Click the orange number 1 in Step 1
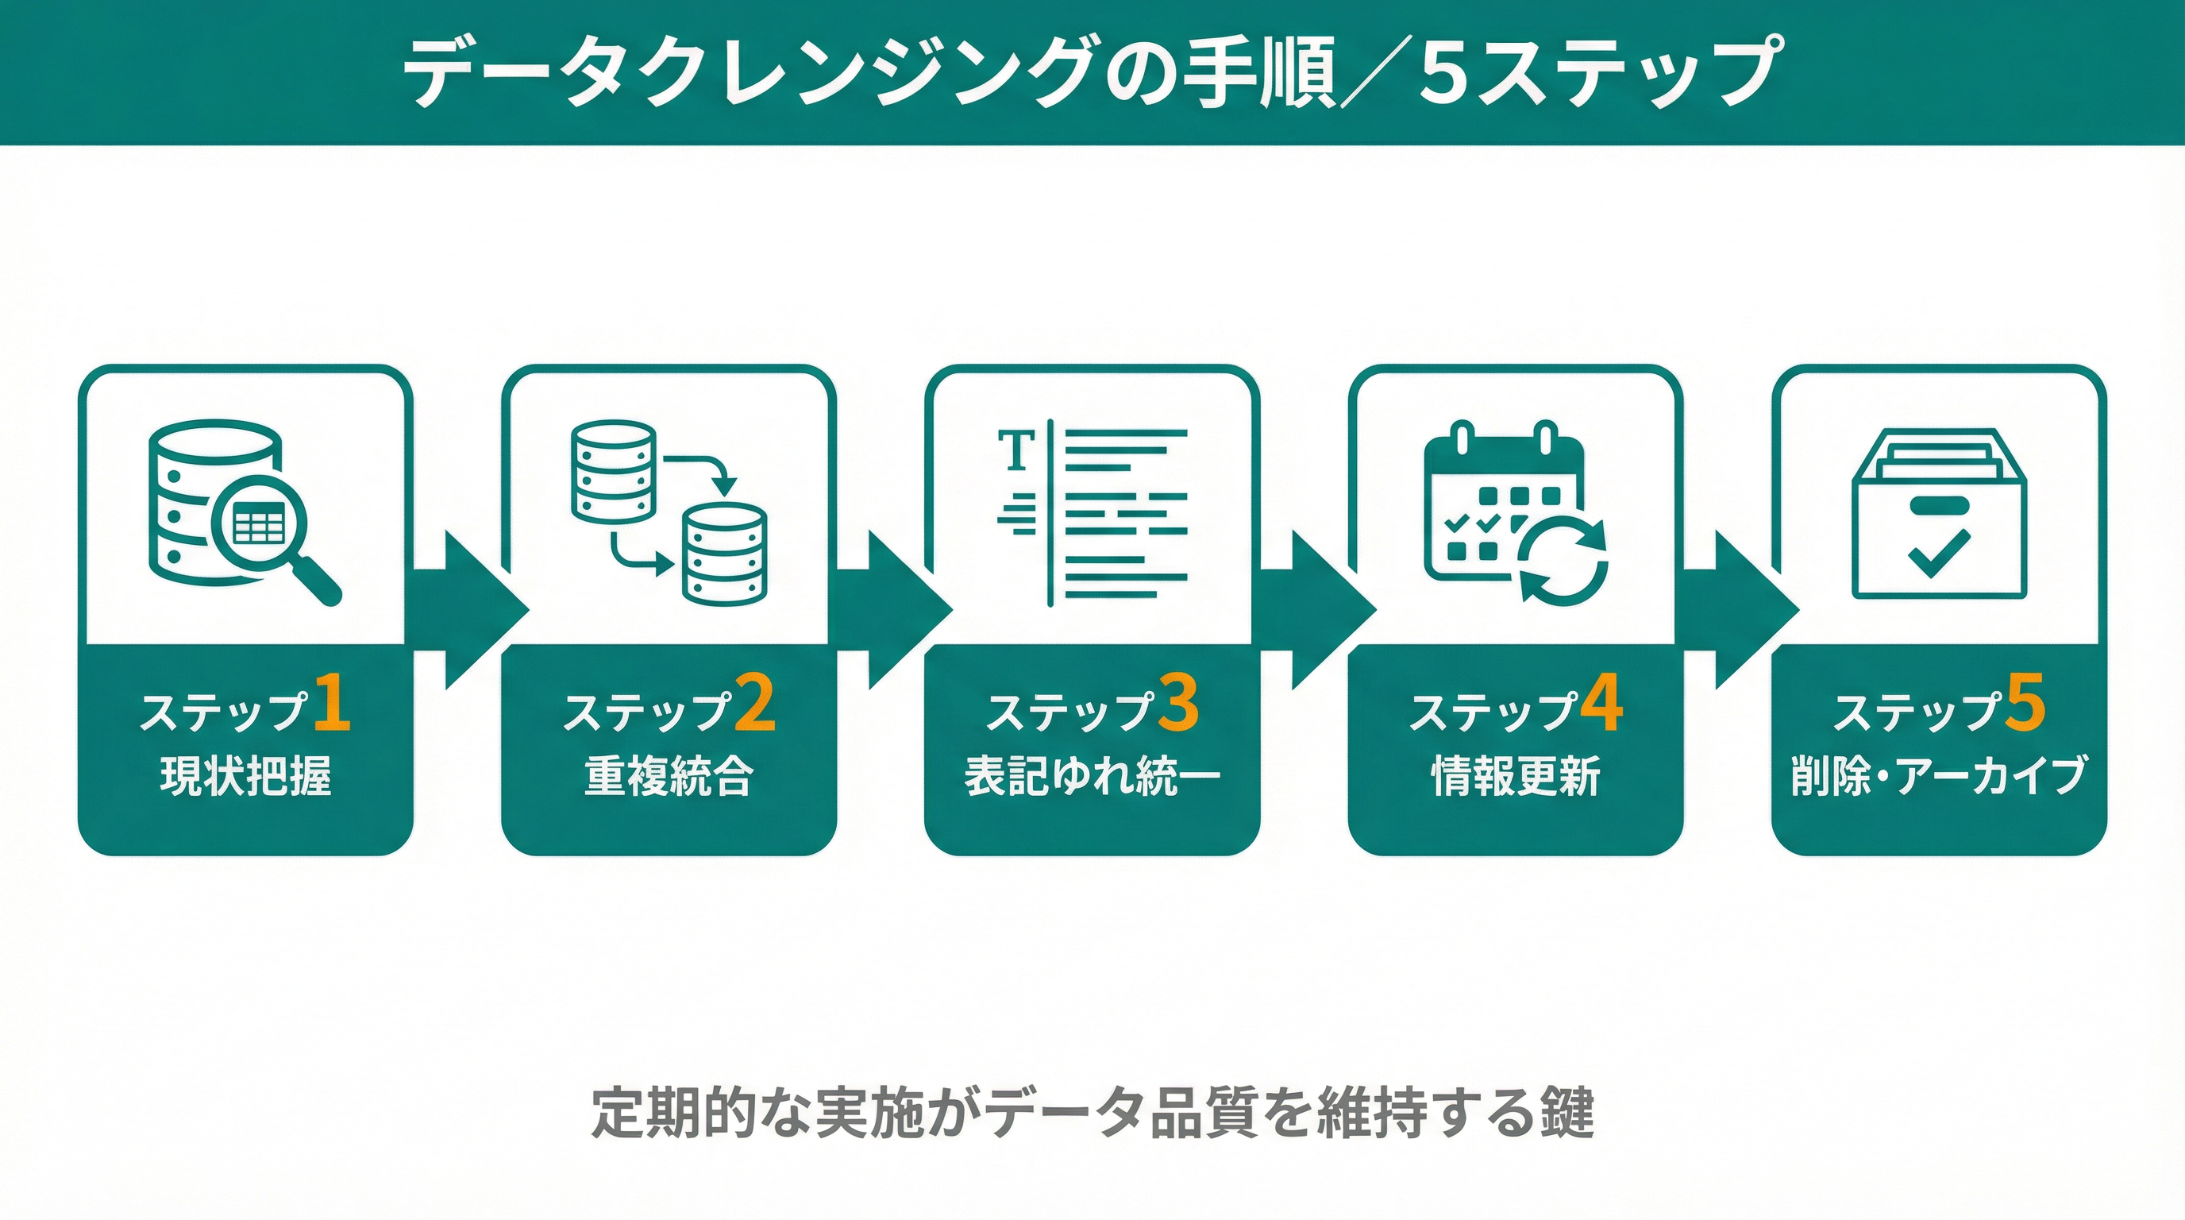coord(333,702)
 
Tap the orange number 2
coord(754,702)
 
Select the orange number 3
coord(1178,702)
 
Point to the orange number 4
coord(1601,702)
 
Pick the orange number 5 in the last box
coord(2025,702)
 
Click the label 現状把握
coord(245,776)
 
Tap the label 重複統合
coord(669,776)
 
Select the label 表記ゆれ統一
coord(1092,776)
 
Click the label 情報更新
coord(1516,776)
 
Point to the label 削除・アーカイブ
coord(1938,776)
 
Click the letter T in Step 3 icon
coord(1016,450)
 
